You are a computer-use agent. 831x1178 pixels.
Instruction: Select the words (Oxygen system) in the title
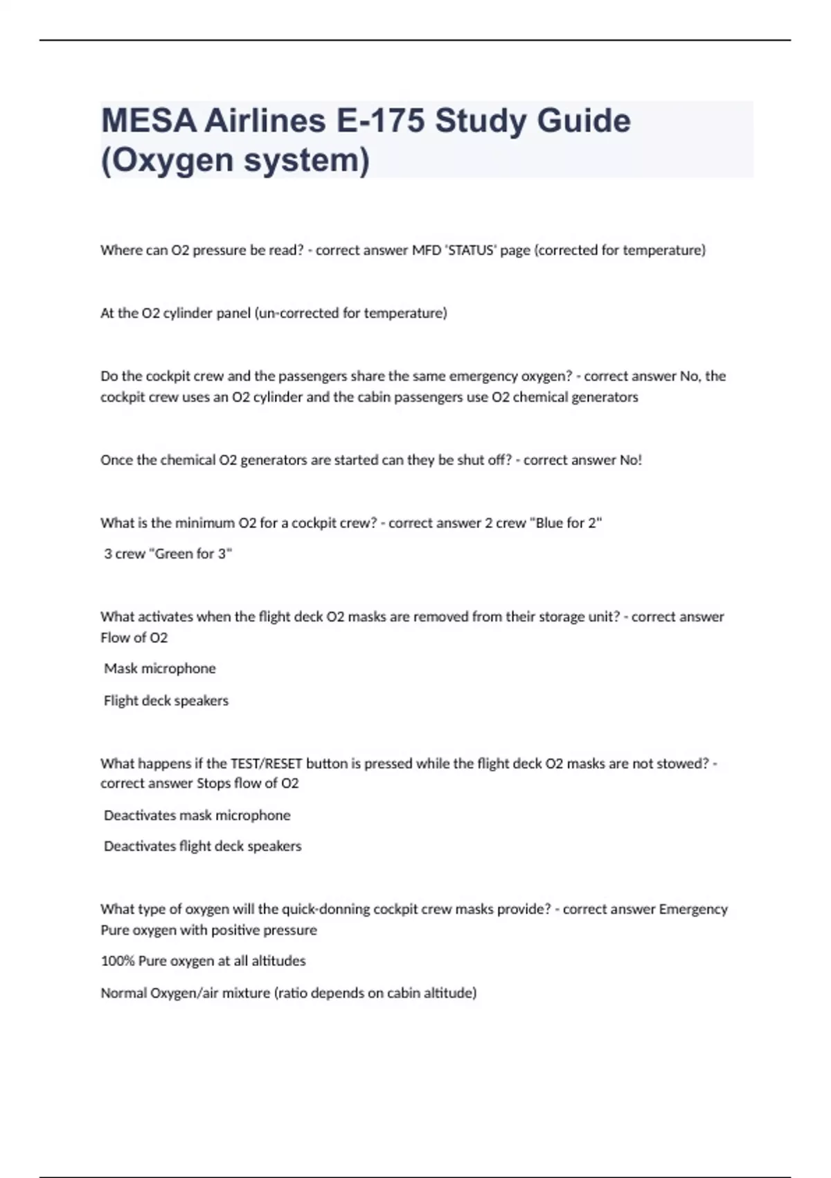click(x=235, y=160)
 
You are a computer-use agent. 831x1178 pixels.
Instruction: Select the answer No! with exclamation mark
click(x=631, y=460)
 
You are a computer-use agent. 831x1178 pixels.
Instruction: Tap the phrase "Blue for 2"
click(x=566, y=523)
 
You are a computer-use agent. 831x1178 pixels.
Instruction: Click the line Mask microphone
click(x=160, y=669)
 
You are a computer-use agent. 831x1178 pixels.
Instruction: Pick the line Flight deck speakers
click(x=166, y=701)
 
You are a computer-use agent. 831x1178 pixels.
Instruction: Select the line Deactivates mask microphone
click(x=197, y=816)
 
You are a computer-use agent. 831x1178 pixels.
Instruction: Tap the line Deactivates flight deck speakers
click(x=203, y=846)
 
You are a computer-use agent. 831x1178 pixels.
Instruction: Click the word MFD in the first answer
click(x=426, y=250)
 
